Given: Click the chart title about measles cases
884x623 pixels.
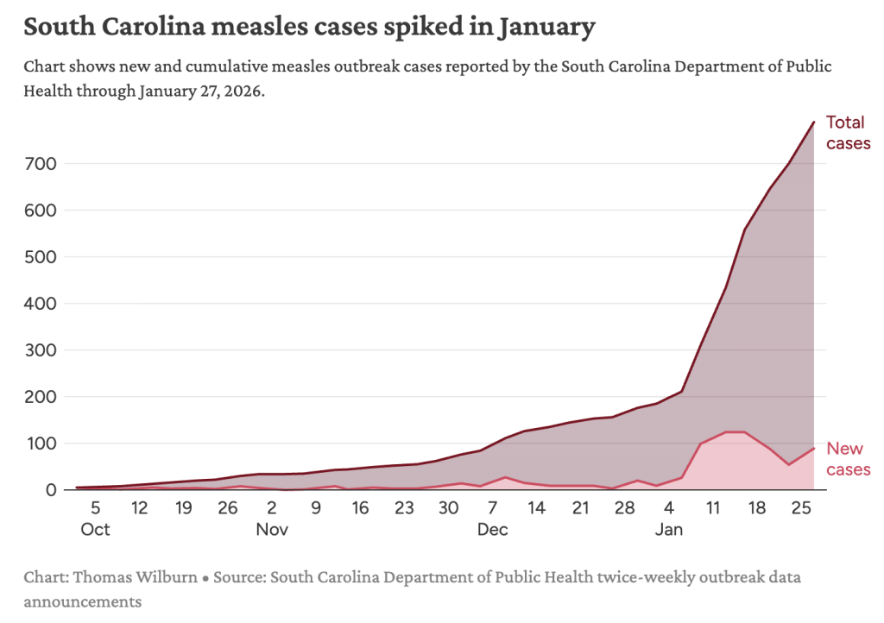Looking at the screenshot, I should (309, 27).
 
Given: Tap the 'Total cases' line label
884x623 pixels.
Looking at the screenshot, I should (848, 133).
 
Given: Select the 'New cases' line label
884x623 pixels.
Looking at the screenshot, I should (848, 459).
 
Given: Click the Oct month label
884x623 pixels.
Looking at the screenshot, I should (95, 530).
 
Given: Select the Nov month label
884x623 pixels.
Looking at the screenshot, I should (271, 530).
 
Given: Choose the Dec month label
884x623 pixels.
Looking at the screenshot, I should (492, 530).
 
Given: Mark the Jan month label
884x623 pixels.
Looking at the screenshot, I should (668, 530).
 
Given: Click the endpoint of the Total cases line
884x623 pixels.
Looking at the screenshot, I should (814, 123).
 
